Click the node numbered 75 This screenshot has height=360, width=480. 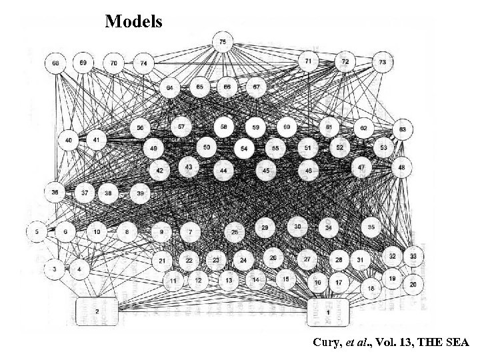click(222, 42)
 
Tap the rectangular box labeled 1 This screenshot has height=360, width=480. click(328, 311)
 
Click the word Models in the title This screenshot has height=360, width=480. click(133, 21)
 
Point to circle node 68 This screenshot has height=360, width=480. click(55, 63)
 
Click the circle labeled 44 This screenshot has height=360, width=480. click(223, 171)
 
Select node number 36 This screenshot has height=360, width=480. click(55, 192)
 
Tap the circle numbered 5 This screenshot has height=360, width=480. click(37, 232)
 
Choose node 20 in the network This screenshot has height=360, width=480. click(413, 284)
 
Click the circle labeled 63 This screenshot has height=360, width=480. click(403, 129)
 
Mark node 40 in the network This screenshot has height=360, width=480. click(69, 141)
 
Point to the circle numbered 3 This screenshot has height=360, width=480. click(55, 269)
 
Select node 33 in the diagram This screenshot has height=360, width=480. click(414, 255)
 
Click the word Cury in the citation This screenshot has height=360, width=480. click(325, 342)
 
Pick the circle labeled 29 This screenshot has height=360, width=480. click(265, 228)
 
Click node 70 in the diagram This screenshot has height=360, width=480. click(114, 63)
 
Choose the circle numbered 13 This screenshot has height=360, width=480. click(229, 281)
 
